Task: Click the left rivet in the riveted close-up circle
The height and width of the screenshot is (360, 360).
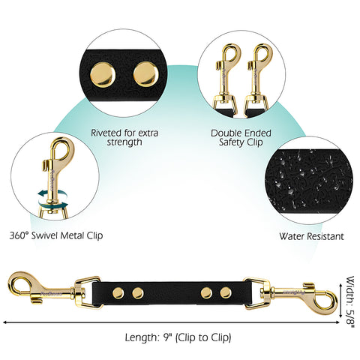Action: pyautogui.click(x=103, y=75)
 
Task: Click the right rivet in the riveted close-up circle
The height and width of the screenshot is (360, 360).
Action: pyautogui.click(x=146, y=74)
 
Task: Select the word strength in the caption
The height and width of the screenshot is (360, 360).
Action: pyautogui.click(x=124, y=142)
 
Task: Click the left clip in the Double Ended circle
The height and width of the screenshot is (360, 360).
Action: pyautogui.click(x=225, y=76)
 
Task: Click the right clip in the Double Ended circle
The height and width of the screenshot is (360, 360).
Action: pyautogui.click(x=257, y=76)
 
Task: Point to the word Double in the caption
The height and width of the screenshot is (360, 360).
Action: pyautogui.click(x=226, y=133)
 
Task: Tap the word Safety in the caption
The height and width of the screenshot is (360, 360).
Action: pyautogui.click(x=232, y=142)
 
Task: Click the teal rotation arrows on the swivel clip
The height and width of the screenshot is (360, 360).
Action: pyautogui.click(x=53, y=199)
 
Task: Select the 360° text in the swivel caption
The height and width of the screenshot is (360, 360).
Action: pyautogui.click(x=19, y=235)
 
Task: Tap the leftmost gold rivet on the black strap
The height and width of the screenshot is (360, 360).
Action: pyautogui.click(x=118, y=292)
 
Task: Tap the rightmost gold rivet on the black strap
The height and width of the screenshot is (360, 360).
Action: pyautogui.click(x=226, y=292)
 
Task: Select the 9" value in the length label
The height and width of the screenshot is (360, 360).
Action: pyautogui.click(x=166, y=337)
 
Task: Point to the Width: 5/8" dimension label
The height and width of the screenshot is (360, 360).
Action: pyautogui.click(x=350, y=302)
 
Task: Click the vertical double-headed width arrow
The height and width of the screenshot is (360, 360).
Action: pyautogui.click(x=340, y=301)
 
